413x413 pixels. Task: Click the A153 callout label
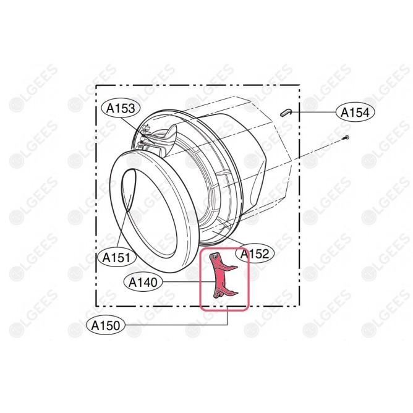(121, 109)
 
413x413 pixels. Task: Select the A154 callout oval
(355, 113)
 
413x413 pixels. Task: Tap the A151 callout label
(116, 257)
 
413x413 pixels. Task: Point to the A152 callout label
(255, 253)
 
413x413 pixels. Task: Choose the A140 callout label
(143, 283)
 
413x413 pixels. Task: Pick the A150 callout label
(106, 325)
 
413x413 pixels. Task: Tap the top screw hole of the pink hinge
(216, 257)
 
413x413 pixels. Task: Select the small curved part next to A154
(286, 113)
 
